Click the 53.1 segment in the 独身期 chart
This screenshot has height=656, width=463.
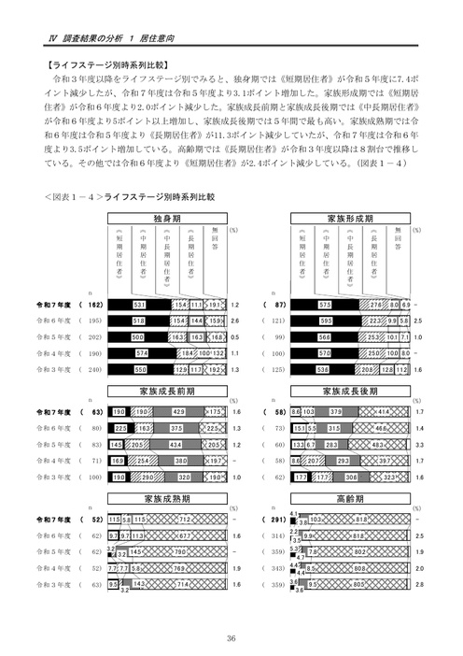(x=139, y=306)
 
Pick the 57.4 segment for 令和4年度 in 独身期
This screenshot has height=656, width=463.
(x=143, y=354)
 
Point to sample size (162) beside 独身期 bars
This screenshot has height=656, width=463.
(x=94, y=306)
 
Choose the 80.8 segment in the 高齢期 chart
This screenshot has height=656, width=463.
(x=359, y=567)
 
